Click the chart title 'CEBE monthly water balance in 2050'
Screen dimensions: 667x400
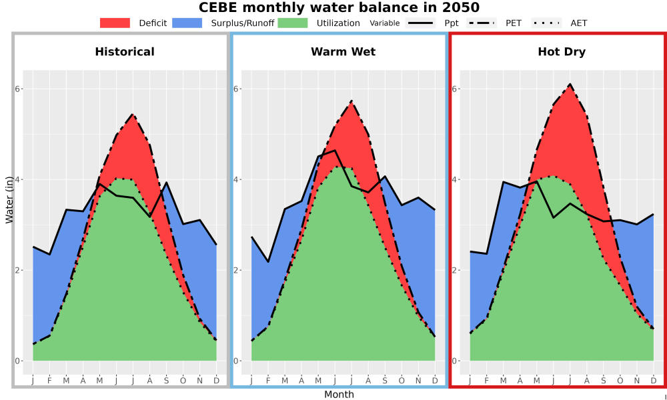[339, 7]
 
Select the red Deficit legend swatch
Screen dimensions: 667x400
[115, 23]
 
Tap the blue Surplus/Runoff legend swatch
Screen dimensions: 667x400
[187, 23]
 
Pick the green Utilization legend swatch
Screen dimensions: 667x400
[293, 23]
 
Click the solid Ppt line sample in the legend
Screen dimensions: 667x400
[420, 23]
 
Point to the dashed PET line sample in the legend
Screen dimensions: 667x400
[481, 23]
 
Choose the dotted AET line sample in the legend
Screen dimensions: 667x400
[546, 23]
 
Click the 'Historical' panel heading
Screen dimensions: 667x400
[125, 52]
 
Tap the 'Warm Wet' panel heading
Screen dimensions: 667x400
[344, 52]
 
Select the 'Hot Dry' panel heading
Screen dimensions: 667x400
[562, 52]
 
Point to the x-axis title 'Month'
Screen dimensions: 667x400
[339, 395]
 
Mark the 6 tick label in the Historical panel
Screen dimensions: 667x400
[18, 89]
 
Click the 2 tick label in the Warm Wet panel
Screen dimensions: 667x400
[237, 271]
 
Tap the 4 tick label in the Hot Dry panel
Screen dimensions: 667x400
[455, 179]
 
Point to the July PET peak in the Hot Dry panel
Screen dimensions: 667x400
[570, 84]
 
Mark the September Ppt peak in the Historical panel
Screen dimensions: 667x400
[166, 183]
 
